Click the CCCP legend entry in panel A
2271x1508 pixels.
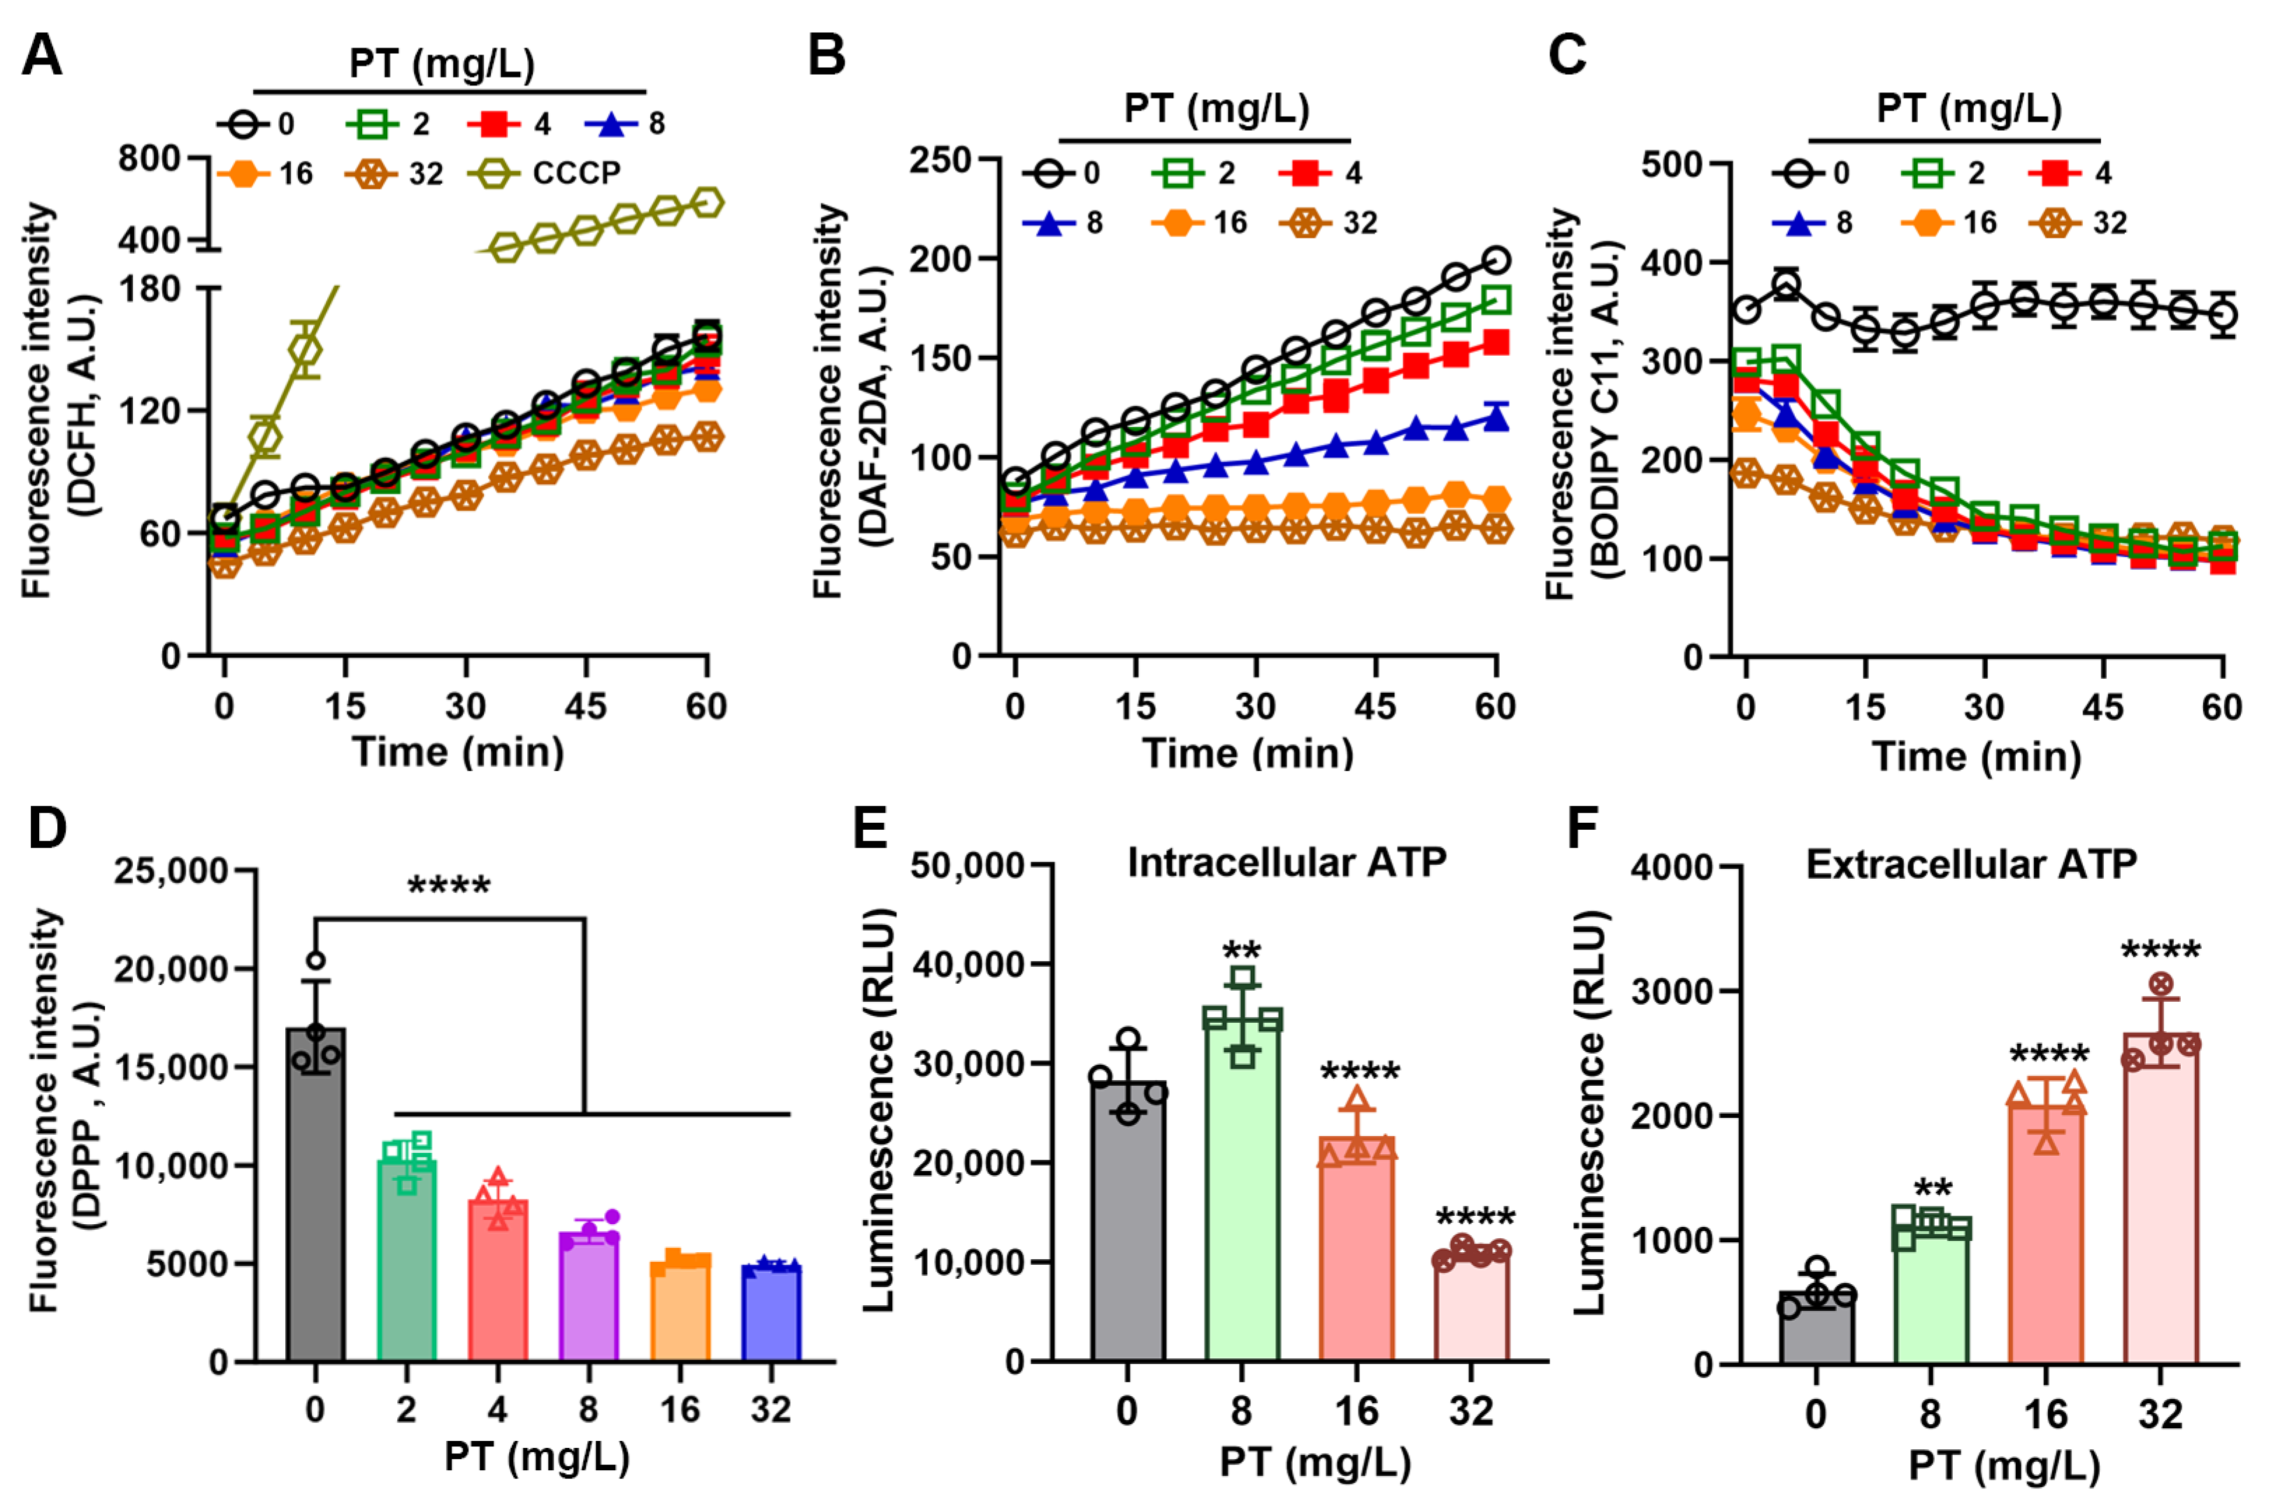click(548, 174)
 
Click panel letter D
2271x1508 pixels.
click(46, 828)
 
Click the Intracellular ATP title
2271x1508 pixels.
click(1286, 863)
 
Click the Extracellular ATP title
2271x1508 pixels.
click(1971, 865)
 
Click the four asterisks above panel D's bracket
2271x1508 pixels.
click(449, 886)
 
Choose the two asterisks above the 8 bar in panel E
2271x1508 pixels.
click(1242, 952)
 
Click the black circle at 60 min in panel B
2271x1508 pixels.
click(1496, 259)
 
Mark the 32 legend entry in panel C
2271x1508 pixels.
click(2086, 223)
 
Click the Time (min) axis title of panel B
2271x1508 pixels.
click(1247, 753)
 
